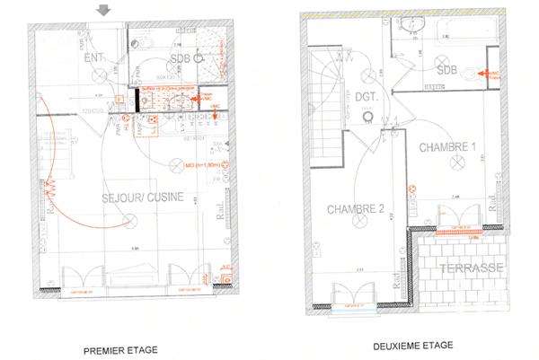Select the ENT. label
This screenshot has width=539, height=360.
[95, 58]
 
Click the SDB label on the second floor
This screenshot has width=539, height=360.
[446, 69]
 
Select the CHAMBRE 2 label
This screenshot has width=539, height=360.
[355, 209]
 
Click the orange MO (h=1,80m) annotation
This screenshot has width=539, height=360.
[206, 166]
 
